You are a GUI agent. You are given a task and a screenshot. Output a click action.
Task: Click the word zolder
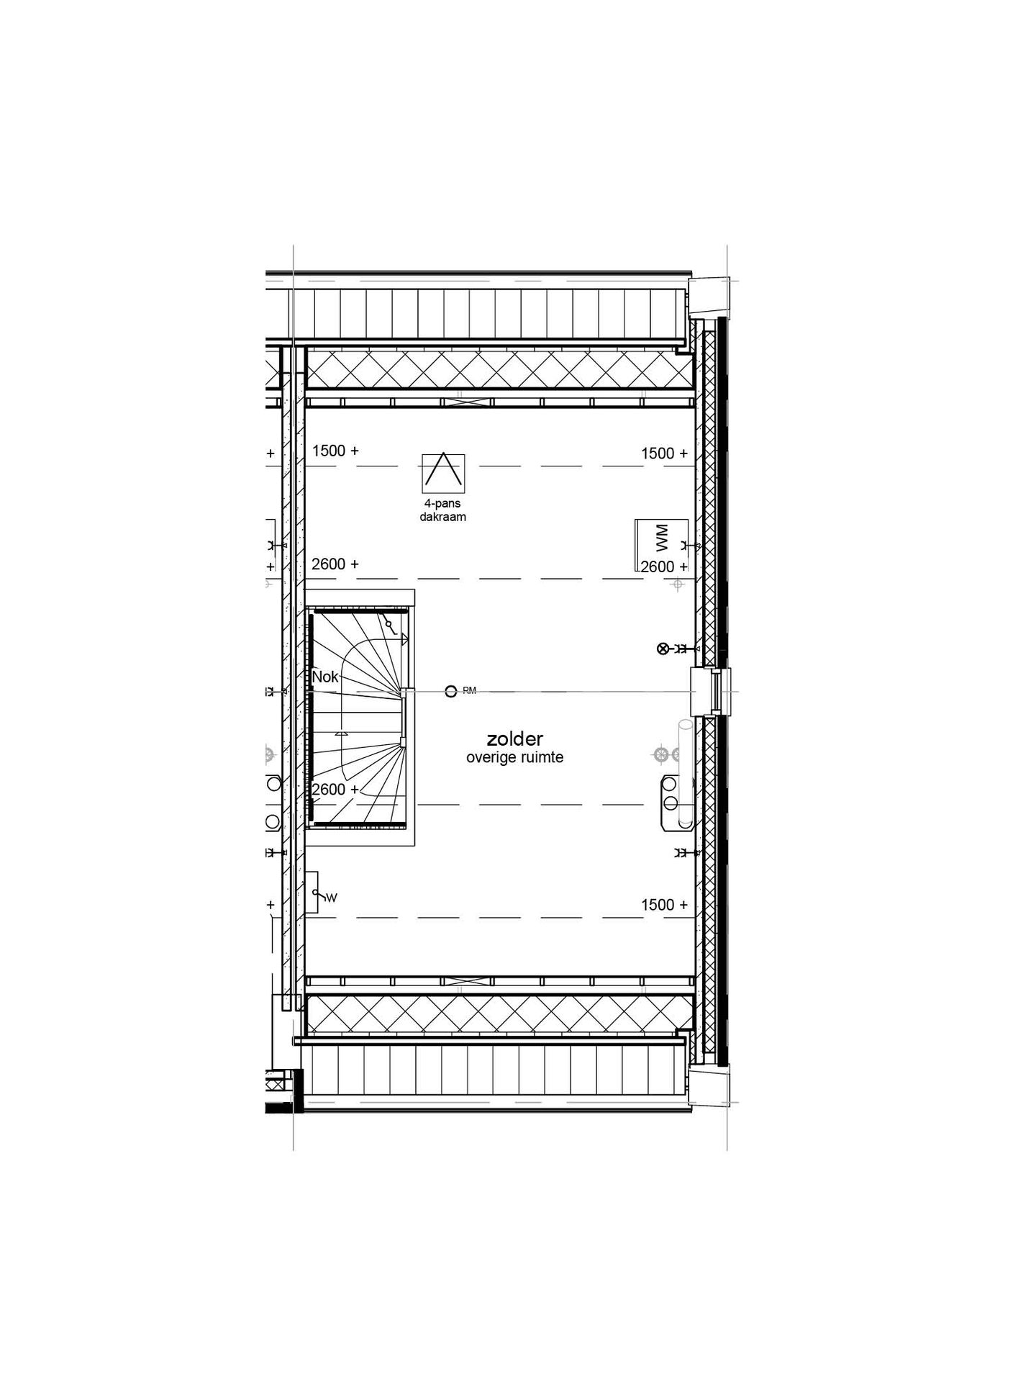click(514, 739)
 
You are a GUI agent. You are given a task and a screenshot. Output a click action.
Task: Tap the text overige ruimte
click(514, 757)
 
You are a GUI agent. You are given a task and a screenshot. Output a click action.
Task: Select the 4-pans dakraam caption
click(443, 510)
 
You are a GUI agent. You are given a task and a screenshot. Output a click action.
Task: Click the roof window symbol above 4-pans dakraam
click(443, 472)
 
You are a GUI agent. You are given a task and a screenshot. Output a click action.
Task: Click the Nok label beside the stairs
click(325, 677)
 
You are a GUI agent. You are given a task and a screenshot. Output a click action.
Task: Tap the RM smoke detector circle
click(451, 692)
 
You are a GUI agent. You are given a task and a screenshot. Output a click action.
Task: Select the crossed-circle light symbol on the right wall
click(663, 649)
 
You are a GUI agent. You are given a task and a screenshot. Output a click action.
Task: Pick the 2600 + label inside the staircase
click(335, 790)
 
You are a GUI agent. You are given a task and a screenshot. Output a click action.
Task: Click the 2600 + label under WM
click(664, 566)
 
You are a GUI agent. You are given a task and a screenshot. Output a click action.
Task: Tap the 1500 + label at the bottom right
click(664, 905)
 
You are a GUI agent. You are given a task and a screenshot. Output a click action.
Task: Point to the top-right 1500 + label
click(664, 453)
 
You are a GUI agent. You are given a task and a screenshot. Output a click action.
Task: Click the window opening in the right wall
click(714, 692)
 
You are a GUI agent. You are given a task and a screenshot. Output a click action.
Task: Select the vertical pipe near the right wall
click(685, 774)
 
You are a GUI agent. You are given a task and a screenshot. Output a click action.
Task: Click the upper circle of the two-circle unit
click(671, 783)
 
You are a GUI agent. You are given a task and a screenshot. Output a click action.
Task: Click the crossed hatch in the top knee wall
click(499, 369)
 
